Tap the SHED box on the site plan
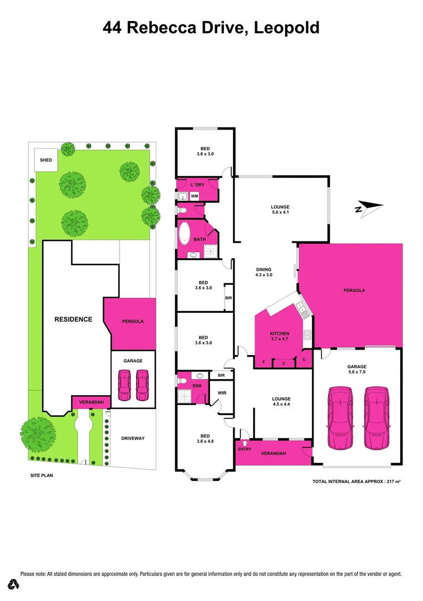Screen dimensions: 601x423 click(x=46, y=160)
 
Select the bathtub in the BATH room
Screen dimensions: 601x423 click(x=185, y=235)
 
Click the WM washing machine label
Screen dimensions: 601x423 click(x=195, y=196)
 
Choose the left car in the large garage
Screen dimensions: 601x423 click(x=340, y=418)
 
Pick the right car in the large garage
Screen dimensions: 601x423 click(x=375, y=418)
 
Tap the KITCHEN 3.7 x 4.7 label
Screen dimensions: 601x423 click(x=280, y=337)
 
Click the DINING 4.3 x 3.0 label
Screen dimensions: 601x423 click(x=263, y=272)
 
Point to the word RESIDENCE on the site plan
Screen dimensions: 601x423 click(x=73, y=319)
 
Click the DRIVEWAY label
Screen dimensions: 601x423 click(x=133, y=439)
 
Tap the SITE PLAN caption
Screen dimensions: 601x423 click(x=42, y=476)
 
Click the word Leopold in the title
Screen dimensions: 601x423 click(x=287, y=28)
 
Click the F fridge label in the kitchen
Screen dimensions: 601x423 click(x=263, y=362)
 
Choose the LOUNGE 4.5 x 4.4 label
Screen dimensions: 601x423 click(x=281, y=402)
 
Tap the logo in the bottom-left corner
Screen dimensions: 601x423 click(x=14, y=584)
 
